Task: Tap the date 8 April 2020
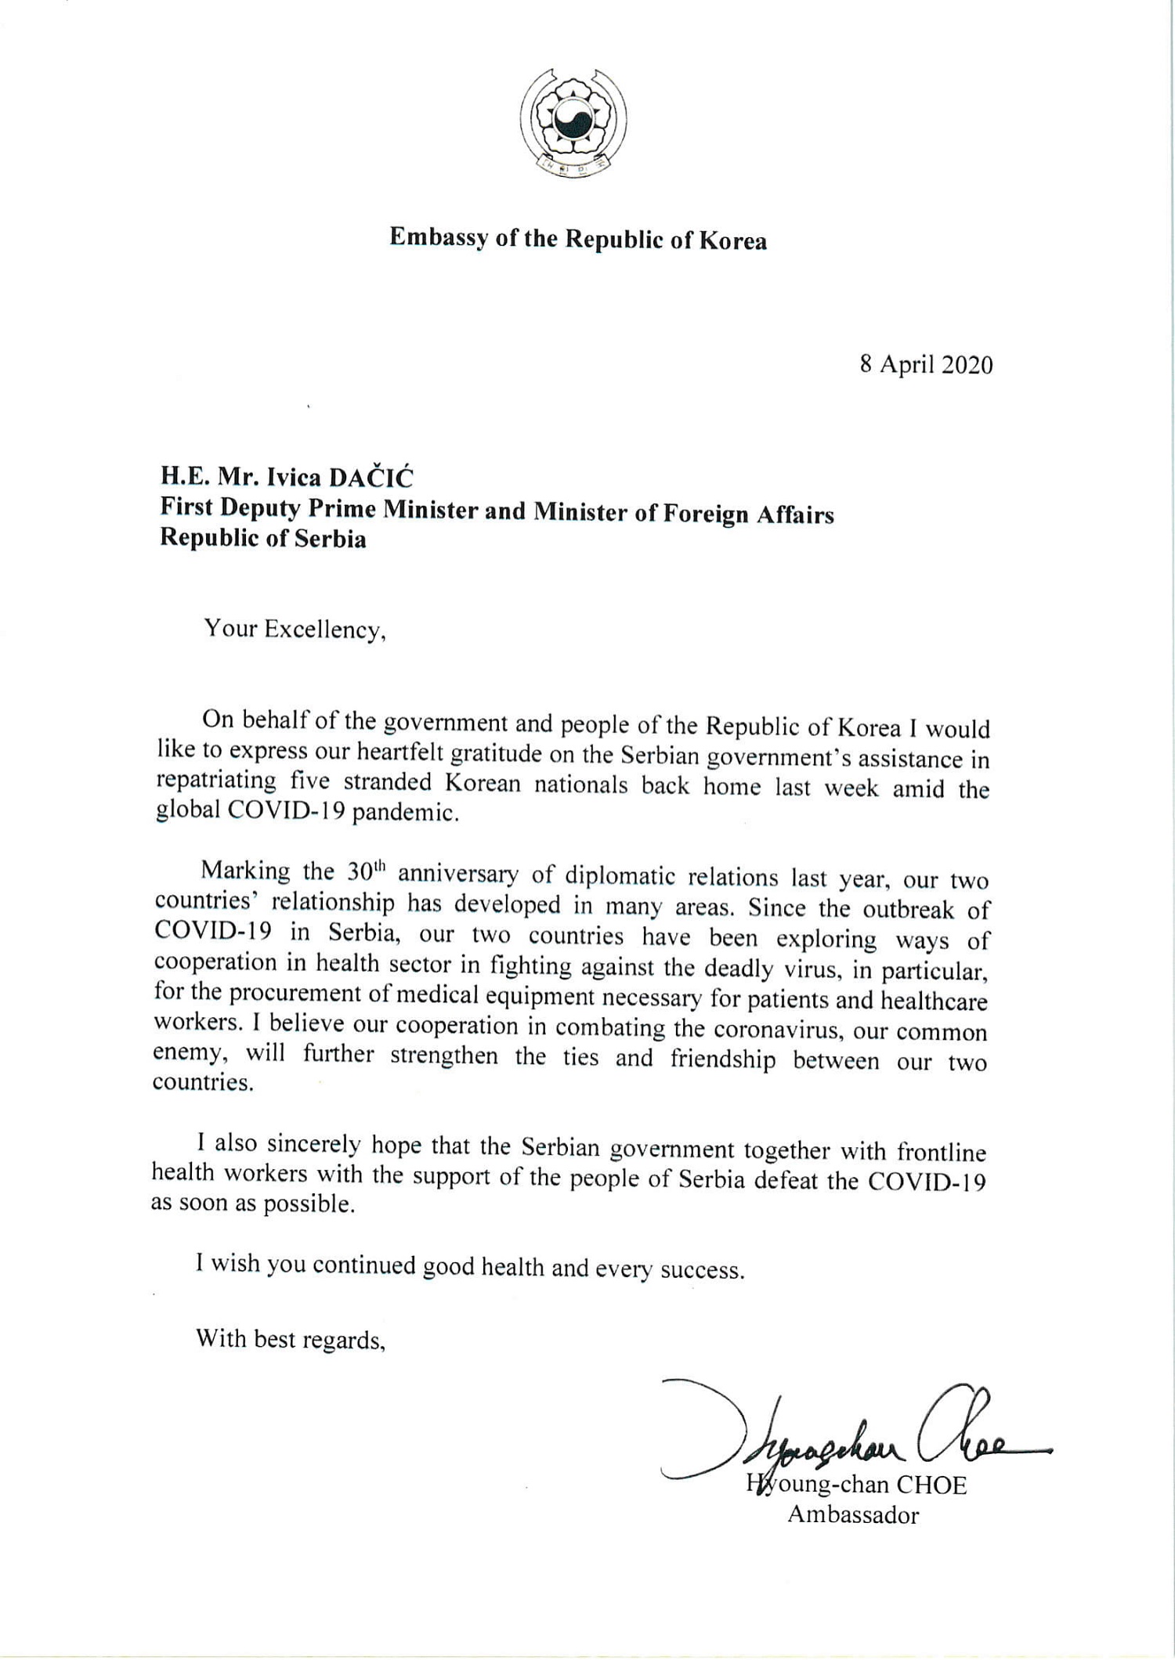click(926, 365)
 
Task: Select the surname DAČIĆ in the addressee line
click(370, 478)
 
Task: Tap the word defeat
click(787, 1180)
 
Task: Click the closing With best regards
click(291, 1339)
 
